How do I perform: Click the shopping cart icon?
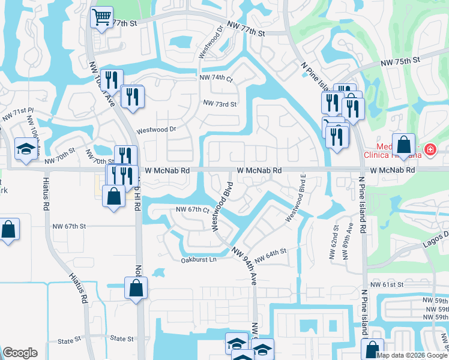pos(101,17)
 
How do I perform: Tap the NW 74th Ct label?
pos(216,78)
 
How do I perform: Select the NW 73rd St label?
pos(220,103)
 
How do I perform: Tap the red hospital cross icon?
pos(430,149)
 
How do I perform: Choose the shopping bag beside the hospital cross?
pos(403,145)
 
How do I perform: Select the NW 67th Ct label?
pos(192,209)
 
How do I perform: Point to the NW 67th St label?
pos(70,226)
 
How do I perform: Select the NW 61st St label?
pos(387,284)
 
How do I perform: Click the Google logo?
pos(20,353)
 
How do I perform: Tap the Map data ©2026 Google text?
pos(412,355)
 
